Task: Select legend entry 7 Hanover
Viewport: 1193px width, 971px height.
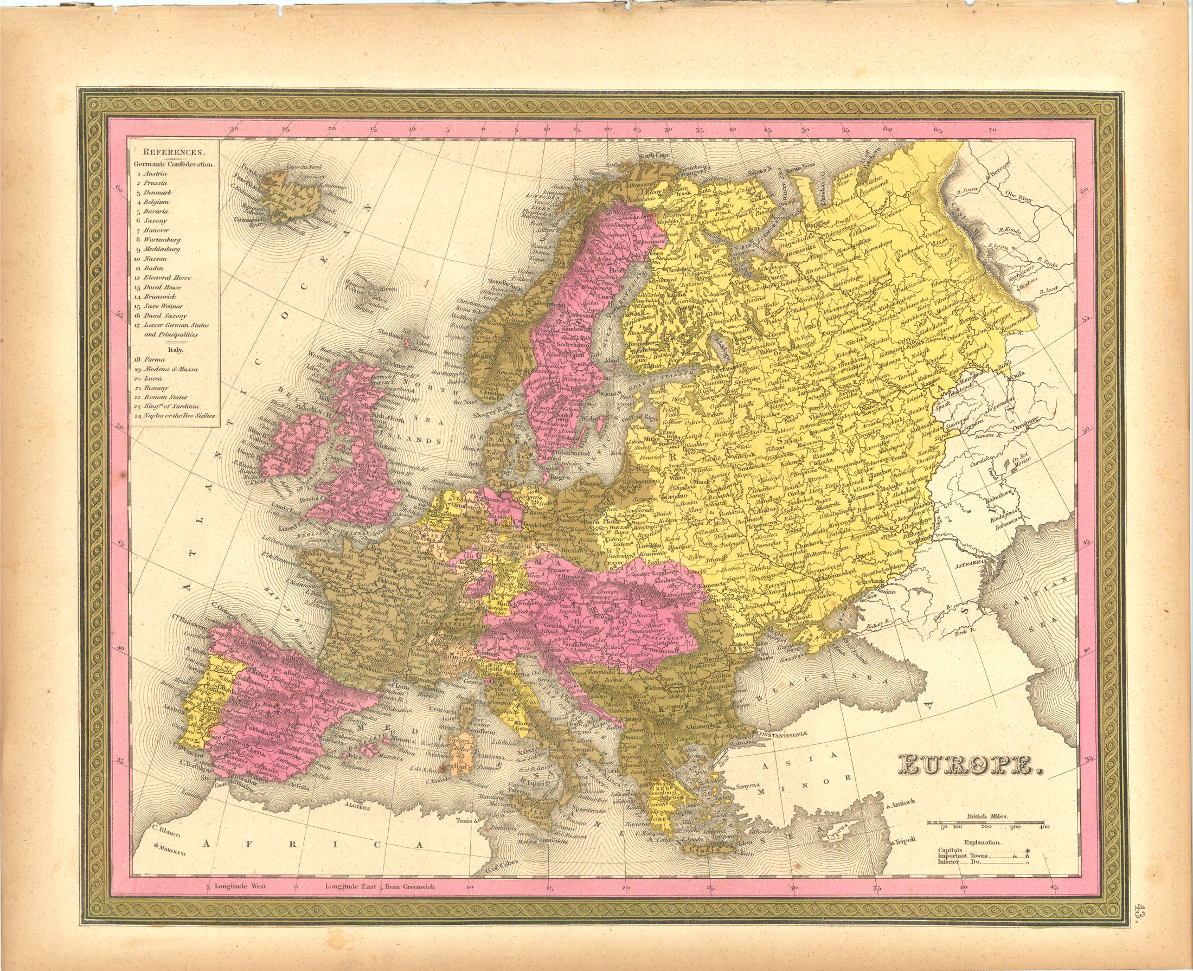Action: click(156, 230)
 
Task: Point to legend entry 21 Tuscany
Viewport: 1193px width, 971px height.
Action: click(155, 388)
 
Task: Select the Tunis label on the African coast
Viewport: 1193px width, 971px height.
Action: click(464, 821)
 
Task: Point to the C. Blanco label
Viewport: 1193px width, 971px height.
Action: click(166, 833)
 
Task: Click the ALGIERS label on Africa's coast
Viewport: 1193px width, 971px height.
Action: click(357, 808)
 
